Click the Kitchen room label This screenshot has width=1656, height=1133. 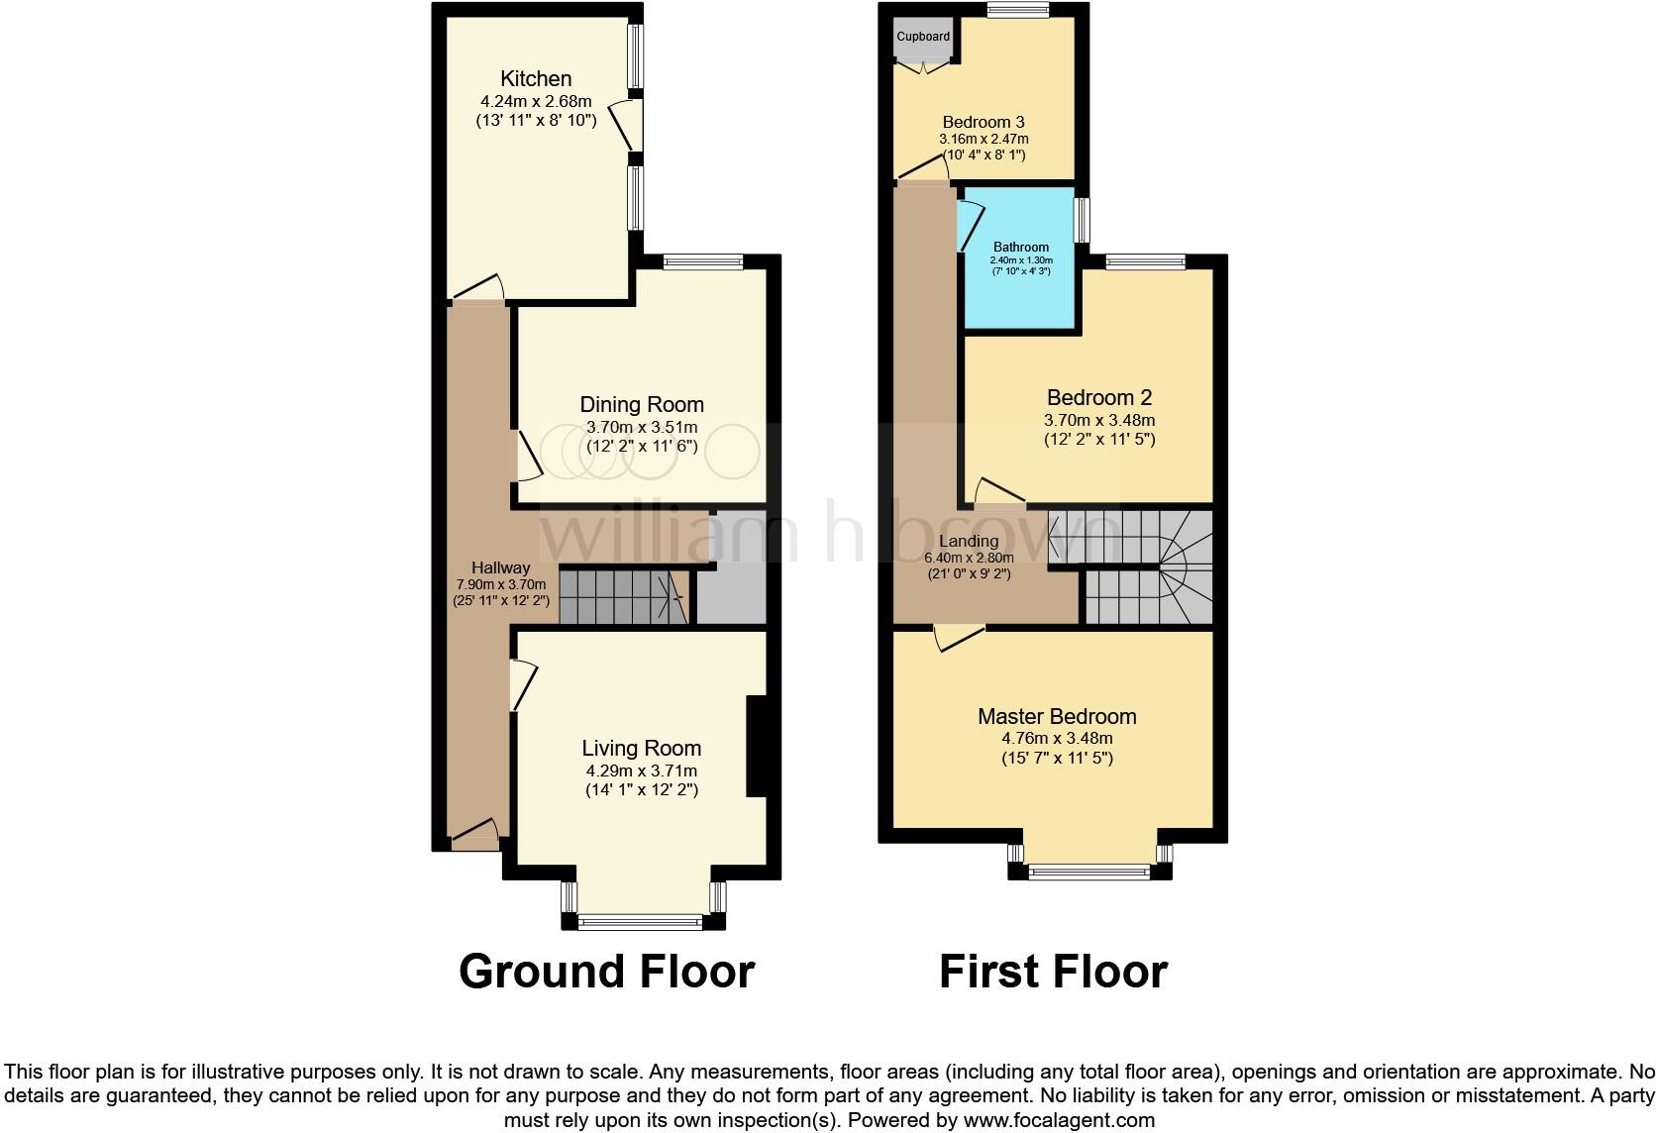536,78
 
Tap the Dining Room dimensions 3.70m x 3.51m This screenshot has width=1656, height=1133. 642,427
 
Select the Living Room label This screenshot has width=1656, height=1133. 641,749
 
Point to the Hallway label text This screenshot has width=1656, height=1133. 500,567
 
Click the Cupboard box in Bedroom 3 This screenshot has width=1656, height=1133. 923,38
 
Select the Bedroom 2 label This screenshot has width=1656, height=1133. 1099,398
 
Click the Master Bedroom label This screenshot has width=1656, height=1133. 1057,716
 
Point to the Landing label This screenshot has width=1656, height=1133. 969,541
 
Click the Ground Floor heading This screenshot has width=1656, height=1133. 606,972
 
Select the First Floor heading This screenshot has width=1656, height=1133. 1053,972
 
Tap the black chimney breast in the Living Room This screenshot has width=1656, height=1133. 757,747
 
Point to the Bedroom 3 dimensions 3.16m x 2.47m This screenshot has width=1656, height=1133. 983,139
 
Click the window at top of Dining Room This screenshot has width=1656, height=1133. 703,261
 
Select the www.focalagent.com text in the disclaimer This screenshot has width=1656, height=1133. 1058,1121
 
